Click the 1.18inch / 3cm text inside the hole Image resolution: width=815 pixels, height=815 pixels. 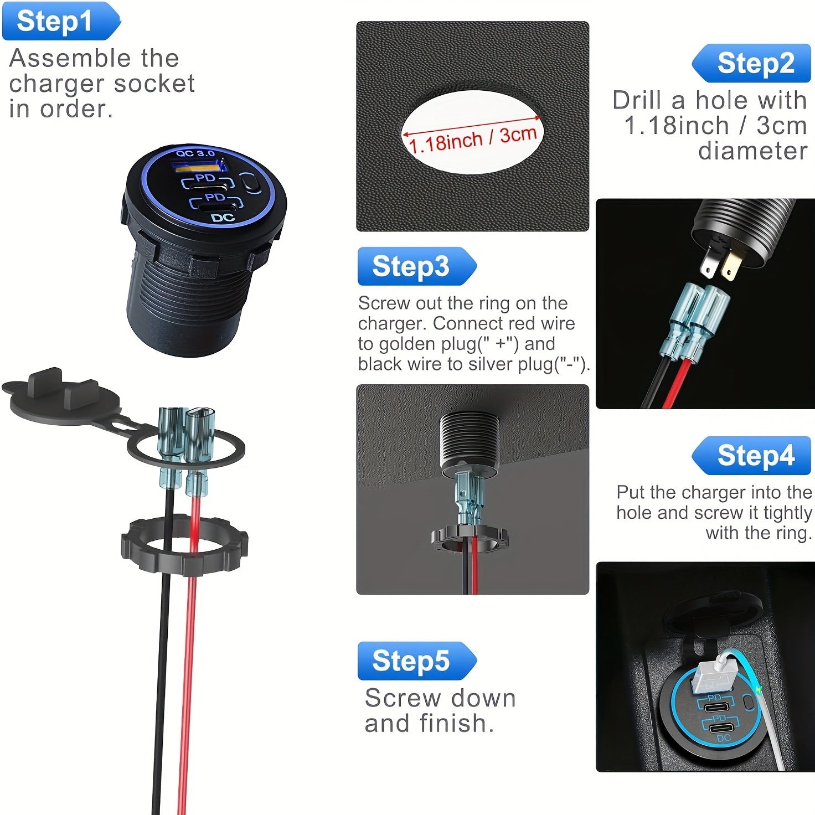pos(472,139)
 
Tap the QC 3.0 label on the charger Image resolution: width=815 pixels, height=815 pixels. pos(195,153)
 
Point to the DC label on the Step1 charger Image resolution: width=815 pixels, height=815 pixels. pos(223,218)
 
